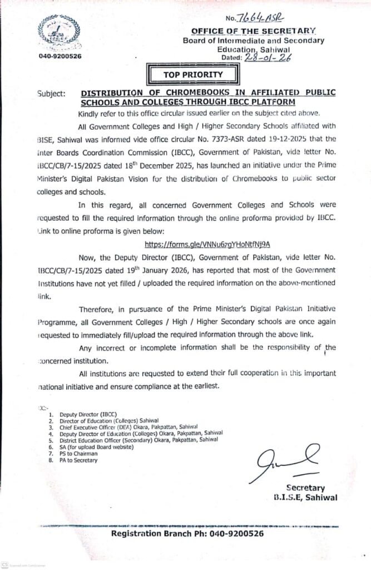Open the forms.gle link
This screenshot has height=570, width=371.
click(211, 244)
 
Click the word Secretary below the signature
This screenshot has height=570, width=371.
click(306, 488)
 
